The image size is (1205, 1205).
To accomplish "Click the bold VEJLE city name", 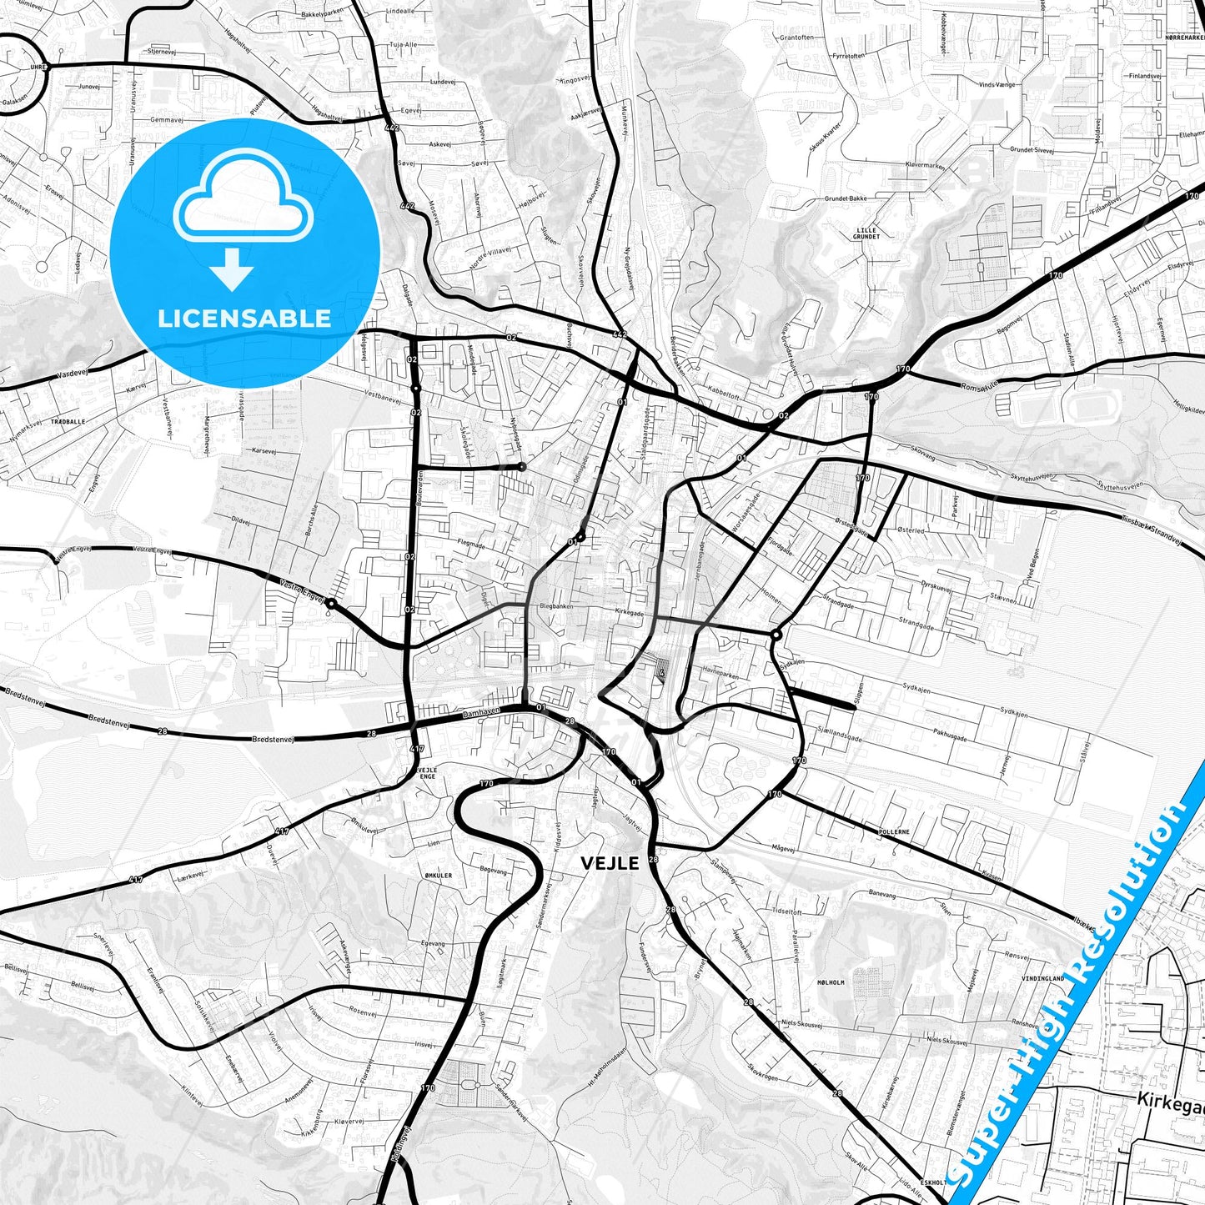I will [x=610, y=863].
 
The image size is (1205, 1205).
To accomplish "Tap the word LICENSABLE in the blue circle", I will [x=244, y=319].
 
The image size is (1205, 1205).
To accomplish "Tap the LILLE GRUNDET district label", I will [x=866, y=233].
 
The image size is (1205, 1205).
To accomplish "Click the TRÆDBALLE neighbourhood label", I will [x=68, y=422].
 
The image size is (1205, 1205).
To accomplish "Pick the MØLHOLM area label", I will [x=831, y=982].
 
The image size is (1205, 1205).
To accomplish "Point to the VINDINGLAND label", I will [x=1043, y=978].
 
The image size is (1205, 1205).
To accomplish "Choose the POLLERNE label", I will [x=894, y=832].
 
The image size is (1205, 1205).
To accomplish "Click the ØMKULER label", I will [x=439, y=876].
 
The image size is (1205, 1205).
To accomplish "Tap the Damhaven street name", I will [x=481, y=713].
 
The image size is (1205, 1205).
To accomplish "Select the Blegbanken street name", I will [x=556, y=606].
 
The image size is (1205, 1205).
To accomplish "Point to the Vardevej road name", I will [x=73, y=375].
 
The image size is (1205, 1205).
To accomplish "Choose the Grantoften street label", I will [x=796, y=38].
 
